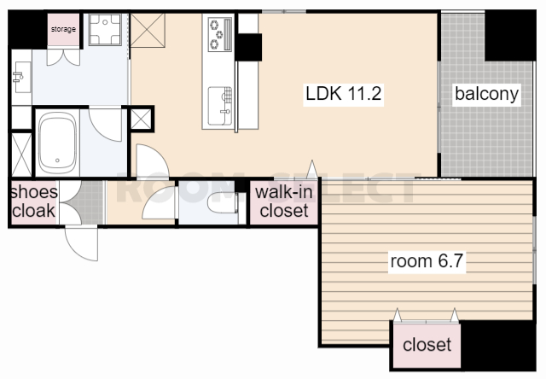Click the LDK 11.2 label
343,93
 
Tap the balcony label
487,94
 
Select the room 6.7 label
427,261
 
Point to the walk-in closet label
284,201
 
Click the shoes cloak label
34,201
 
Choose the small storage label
63,29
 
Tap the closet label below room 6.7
427,345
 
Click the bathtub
57,142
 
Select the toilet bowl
222,202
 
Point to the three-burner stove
220,34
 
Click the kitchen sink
220,106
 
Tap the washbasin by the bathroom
22,78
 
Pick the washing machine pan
105,30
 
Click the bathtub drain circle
57,160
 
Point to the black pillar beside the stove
248,48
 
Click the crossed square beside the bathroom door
141,119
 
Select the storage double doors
63,57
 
